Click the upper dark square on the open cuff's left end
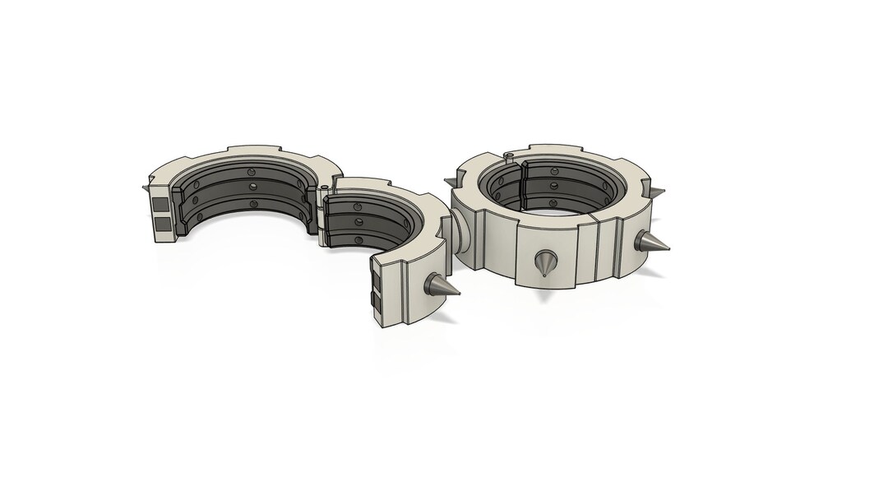tap(160, 202)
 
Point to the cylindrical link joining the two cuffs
tap(459, 235)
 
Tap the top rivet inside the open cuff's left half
tap(250, 172)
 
